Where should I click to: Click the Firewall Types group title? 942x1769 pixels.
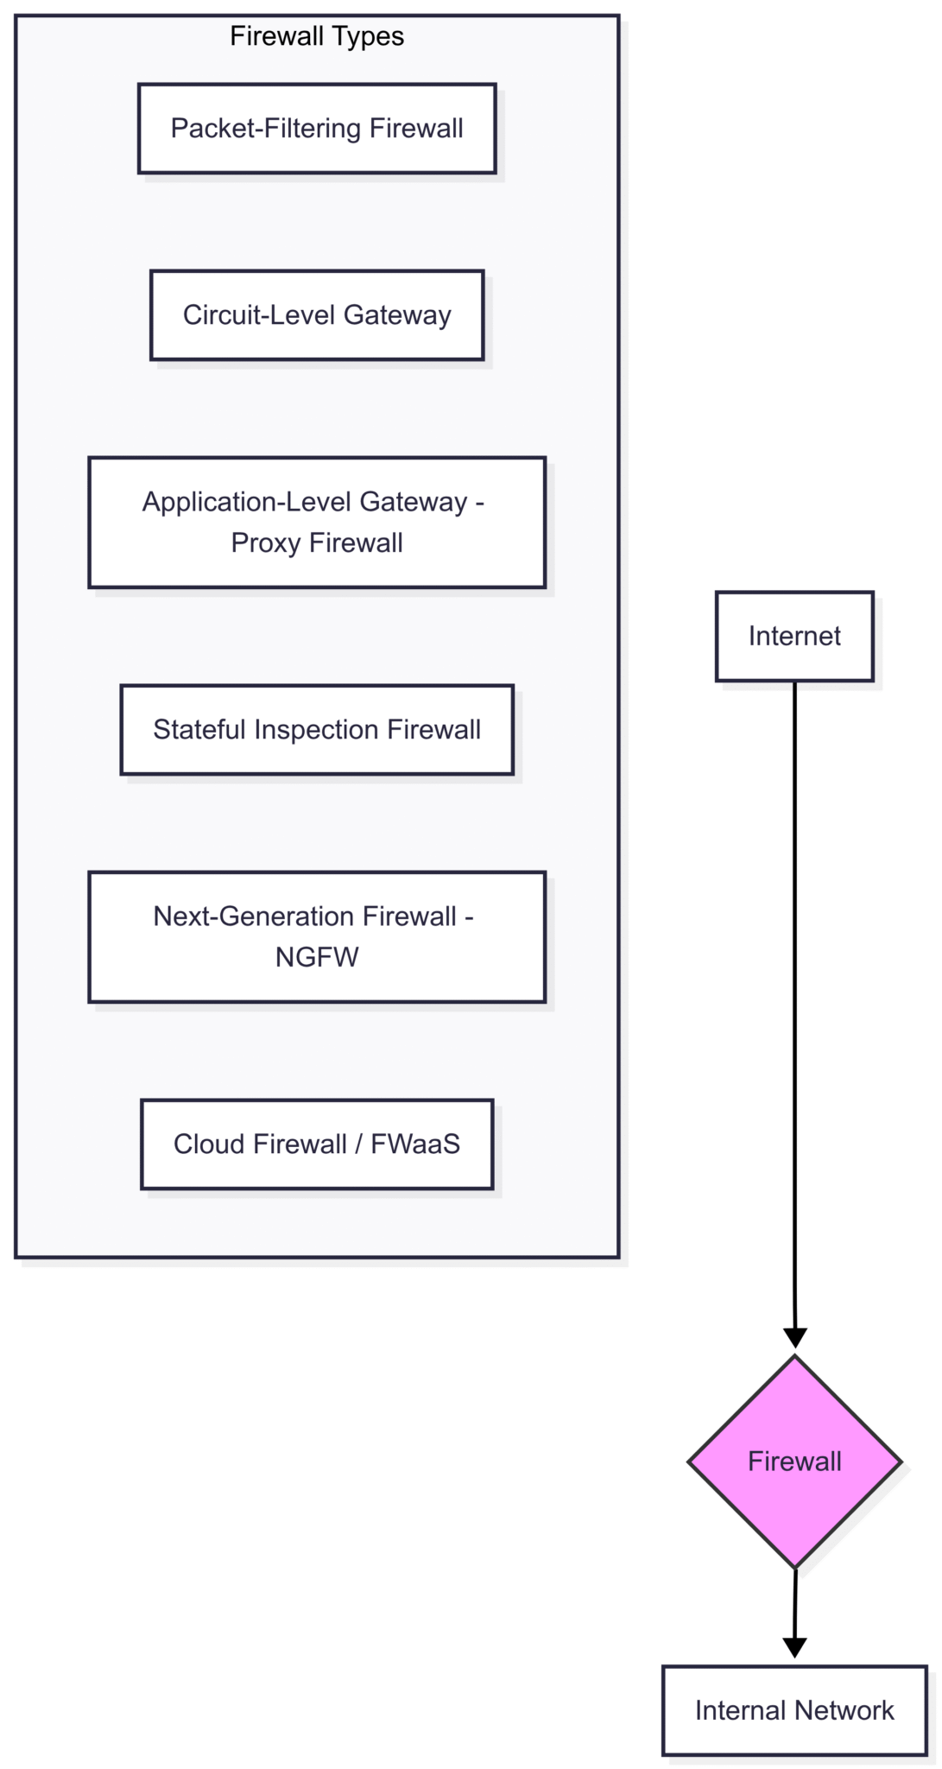tap(316, 36)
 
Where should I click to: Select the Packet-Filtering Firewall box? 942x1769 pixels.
tap(316, 129)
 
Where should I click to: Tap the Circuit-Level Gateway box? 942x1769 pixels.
tap(316, 315)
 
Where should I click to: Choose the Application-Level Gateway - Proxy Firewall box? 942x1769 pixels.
tap(316, 523)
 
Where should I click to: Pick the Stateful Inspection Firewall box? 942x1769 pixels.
tap(316, 730)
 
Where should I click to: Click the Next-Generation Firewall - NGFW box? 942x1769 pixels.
tap(316, 937)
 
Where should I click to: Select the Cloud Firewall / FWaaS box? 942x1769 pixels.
tap(316, 1144)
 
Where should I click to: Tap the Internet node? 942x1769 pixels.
tap(793, 637)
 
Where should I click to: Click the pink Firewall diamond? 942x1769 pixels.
tap(793, 1462)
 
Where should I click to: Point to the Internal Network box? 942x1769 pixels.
tap(793, 1711)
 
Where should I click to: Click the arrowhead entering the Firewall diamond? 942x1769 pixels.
tap(794, 1338)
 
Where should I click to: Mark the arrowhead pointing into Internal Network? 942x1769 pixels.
tap(793, 1647)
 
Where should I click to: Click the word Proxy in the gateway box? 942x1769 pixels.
tap(266, 544)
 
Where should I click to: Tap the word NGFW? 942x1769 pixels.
tap(316, 958)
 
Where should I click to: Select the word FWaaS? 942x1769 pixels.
tap(415, 1144)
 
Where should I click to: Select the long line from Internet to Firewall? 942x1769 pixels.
tap(794, 993)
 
